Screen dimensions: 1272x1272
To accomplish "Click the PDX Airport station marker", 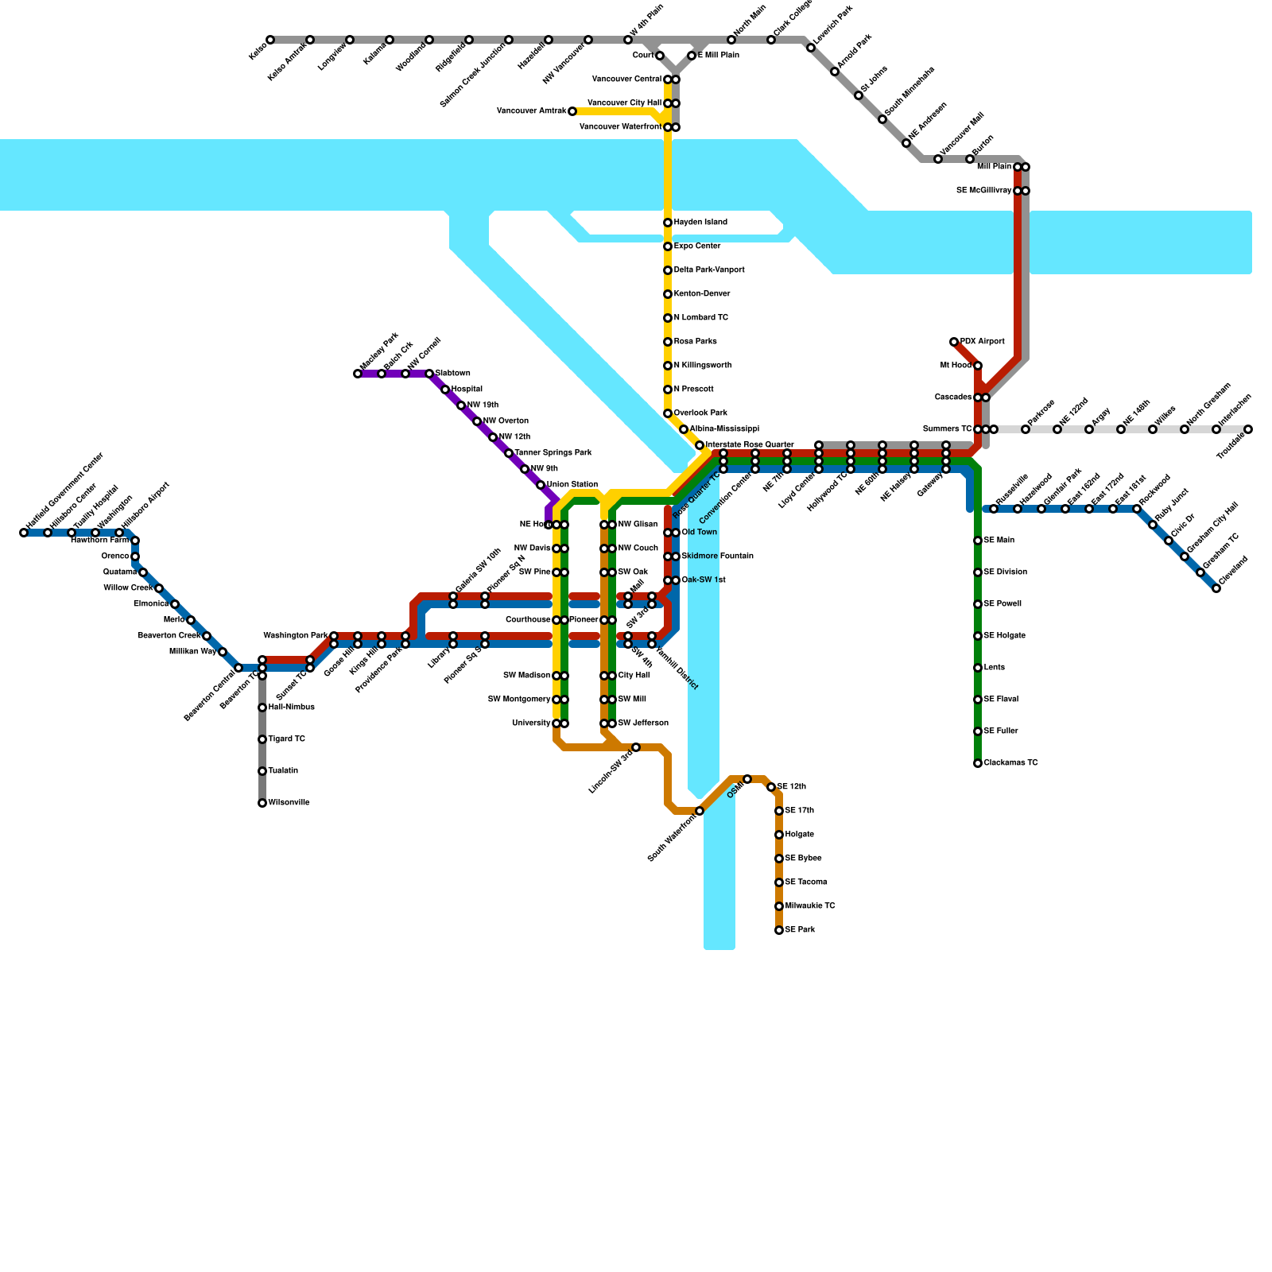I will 954,342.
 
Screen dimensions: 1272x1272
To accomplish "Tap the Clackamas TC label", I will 1010,763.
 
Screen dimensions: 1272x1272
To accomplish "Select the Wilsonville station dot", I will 262,803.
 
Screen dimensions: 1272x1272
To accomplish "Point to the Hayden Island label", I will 700,223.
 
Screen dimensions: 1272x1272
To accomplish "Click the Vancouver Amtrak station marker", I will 572,111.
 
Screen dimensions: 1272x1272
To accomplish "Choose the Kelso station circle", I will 270,40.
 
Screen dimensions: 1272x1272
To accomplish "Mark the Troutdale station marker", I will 1248,429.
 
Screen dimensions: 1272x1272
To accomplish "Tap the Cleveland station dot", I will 1216,588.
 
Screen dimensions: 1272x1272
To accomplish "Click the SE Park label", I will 800,930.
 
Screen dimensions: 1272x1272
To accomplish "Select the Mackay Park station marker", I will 358,374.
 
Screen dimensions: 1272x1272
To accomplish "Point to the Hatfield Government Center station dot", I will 24,533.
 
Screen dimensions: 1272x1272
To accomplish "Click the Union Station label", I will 572,485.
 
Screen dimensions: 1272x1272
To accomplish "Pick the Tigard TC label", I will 286,739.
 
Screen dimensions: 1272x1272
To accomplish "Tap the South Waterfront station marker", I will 700,811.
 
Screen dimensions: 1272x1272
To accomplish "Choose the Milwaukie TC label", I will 810,906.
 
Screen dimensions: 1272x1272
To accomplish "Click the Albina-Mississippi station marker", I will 684,429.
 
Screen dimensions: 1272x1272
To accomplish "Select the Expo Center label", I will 697,246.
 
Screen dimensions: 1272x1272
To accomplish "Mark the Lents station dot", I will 978,668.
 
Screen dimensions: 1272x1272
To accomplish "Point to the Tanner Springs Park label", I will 553,453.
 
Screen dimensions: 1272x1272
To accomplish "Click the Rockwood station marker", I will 1137,509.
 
